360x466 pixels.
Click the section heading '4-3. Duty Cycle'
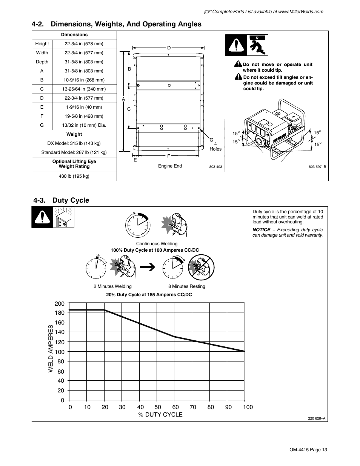pos(61,200)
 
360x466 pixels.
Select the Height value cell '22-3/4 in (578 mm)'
pos(84,44)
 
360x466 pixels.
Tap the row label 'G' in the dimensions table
pos(42,125)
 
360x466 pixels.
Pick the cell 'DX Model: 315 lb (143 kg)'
pos(74,143)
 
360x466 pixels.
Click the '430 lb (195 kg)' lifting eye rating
pos(74,176)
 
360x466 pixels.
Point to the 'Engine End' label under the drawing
pos(170,166)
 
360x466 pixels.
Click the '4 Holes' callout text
pos(215,146)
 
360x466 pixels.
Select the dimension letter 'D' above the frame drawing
pos(169,48)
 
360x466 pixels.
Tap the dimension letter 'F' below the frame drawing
pos(168,156)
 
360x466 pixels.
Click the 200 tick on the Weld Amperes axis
pos(60,304)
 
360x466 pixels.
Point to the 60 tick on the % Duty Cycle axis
pos(175,407)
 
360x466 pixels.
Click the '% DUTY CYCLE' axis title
pos(160,415)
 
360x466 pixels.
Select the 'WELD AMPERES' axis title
pos(51,351)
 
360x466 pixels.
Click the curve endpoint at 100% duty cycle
pos(244,351)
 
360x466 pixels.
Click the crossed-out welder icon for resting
pos(201,267)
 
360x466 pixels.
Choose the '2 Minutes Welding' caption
pos(112,286)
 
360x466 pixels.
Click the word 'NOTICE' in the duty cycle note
pos(261,230)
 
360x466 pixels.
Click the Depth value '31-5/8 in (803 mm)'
pos(84,62)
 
